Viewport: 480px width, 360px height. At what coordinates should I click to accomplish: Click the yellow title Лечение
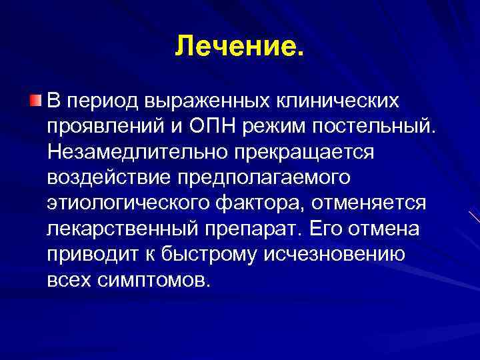tap(239, 46)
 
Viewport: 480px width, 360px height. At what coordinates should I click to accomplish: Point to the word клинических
tap(338, 102)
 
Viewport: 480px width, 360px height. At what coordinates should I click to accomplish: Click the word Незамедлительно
tap(137, 151)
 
